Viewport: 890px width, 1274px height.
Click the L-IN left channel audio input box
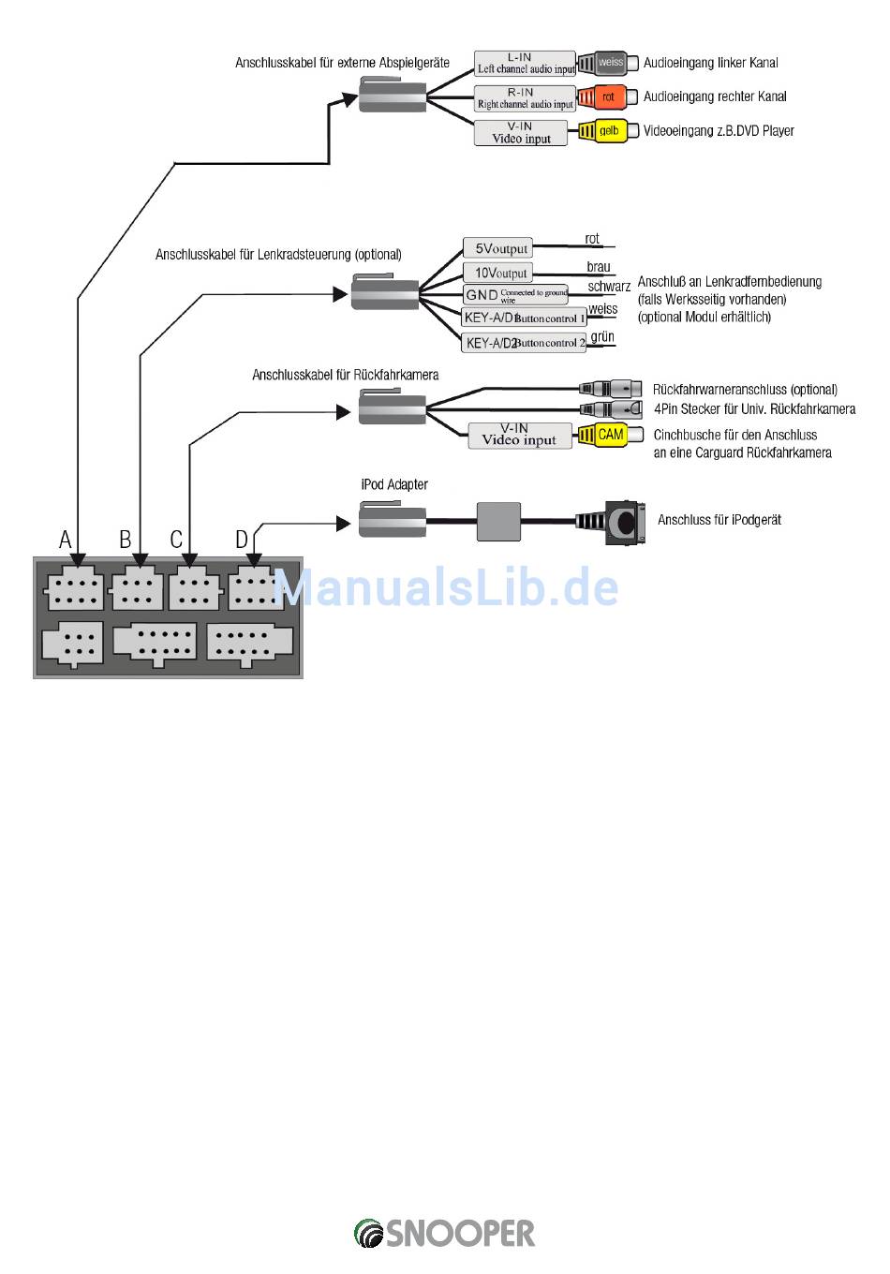point(524,63)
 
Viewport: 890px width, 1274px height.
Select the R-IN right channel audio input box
point(524,97)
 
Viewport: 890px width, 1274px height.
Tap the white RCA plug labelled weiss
point(603,63)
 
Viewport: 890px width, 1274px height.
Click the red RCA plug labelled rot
point(603,97)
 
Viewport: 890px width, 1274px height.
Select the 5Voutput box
point(497,248)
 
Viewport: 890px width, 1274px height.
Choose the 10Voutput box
point(497,273)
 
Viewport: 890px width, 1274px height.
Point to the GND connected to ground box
point(515,294)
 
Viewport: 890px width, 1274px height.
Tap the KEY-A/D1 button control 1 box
point(524,318)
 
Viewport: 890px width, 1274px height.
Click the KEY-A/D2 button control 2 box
point(524,342)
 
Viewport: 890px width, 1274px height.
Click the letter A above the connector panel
point(66,540)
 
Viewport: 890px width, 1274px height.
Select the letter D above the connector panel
point(242,540)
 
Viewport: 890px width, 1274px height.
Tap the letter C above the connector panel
point(176,540)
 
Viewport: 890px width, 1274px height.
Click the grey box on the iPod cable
point(497,521)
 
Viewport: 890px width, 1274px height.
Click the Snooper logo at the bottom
point(444,1233)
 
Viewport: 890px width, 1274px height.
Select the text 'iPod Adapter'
point(393,484)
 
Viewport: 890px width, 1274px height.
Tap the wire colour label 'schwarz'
point(609,287)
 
